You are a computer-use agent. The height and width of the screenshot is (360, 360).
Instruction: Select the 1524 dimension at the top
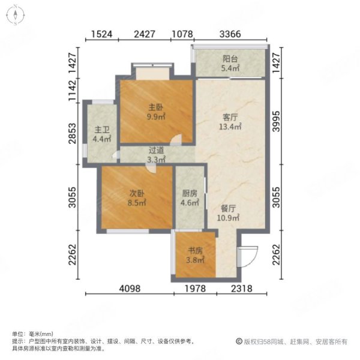tap(103, 34)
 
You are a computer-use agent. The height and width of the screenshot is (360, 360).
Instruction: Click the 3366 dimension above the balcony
tap(230, 34)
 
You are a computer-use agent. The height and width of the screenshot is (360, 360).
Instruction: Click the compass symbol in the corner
tap(14, 16)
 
